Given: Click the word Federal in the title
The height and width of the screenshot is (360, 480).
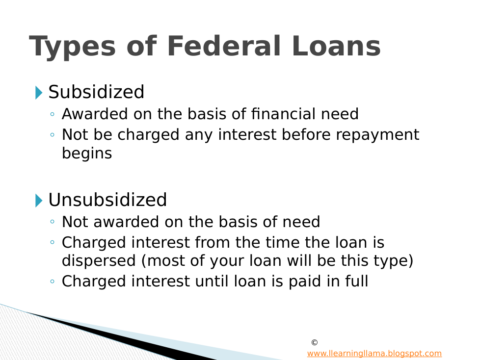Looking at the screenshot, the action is [x=224, y=46].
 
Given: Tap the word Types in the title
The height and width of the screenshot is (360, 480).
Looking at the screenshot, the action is [x=73, y=48].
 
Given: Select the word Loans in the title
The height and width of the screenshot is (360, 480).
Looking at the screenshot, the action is [x=336, y=46].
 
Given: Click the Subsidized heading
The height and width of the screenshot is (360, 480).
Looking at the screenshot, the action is [x=96, y=92].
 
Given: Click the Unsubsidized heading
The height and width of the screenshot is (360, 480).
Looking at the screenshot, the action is [x=107, y=200].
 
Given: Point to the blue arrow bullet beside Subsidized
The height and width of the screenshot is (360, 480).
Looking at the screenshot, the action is [x=39, y=92].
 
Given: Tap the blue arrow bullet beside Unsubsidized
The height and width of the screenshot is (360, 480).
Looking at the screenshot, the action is [x=39, y=200].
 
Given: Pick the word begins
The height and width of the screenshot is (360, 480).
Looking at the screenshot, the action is [x=87, y=154].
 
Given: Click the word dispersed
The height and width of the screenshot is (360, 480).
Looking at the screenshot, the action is [x=99, y=261].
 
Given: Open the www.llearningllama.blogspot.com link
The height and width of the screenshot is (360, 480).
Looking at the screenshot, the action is [x=374, y=353].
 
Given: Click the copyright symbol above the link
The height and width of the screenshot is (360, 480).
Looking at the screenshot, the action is [x=315, y=342].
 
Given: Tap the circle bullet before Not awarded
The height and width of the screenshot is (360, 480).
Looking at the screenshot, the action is [x=52, y=222].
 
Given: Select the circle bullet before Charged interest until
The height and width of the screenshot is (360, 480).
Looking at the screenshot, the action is [x=52, y=281].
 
